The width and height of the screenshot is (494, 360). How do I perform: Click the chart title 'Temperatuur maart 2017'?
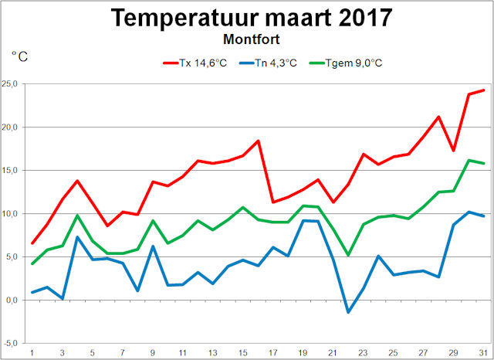point(251,17)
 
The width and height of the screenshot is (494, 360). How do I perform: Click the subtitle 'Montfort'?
point(251,36)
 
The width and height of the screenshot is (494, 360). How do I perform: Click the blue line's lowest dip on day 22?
point(348,312)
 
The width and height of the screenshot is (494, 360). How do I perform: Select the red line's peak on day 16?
point(258,141)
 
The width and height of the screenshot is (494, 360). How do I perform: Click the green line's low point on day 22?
point(348,255)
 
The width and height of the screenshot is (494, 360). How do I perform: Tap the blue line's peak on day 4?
point(77,236)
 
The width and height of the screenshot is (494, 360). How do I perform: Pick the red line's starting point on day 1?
point(32,243)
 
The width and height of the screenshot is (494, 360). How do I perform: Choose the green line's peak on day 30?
point(469,160)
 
